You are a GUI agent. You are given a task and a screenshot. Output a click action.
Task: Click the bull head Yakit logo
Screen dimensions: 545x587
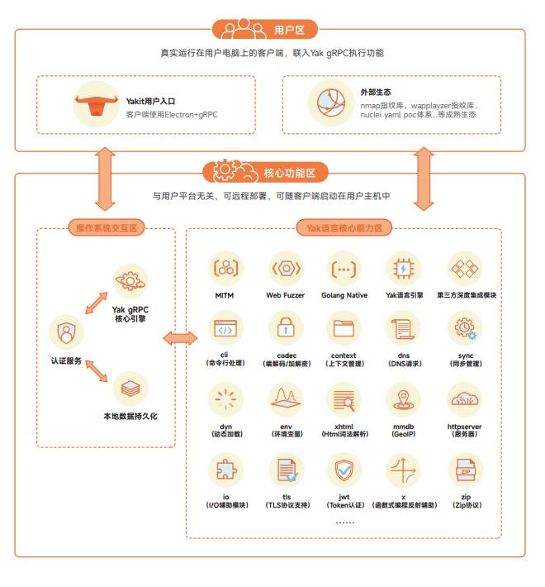tap(96, 105)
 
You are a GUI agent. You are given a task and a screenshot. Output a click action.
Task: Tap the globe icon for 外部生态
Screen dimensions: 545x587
tap(331, 103)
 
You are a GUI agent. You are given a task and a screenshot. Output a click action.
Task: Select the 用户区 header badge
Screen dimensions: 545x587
tap(264, 29)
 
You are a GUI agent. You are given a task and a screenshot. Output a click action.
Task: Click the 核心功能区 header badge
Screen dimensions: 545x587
tap(265, 172)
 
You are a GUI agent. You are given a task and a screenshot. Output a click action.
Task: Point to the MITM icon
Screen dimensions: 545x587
tap(225, 269)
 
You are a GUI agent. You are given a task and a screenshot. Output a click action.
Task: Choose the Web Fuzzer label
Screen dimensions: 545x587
tap(285, 295)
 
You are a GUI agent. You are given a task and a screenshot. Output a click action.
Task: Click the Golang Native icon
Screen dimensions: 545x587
tap(344, 269)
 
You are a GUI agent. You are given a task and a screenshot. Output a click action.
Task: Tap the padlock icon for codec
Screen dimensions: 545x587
tap(286, 327)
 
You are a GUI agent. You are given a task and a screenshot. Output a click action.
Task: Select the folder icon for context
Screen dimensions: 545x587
tap(344, 328)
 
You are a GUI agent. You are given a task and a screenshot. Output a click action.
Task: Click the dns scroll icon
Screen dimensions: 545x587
tap(403, 328)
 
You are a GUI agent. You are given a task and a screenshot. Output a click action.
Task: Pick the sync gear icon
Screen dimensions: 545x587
tap(465, 328)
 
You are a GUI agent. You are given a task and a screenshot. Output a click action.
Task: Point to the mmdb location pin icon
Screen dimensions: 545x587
tap(403, 399)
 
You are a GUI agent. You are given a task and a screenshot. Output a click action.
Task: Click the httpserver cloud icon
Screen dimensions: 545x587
tap(465, 399)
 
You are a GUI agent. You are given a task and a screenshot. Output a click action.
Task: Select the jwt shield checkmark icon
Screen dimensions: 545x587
tap(344, 470)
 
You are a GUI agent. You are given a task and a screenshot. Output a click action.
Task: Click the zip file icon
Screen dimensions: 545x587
tap(466, 470)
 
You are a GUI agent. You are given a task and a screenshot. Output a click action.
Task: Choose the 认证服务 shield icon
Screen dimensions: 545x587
tap(67, 332)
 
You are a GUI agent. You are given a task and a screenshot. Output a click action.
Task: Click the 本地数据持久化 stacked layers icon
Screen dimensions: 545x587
tap(130, 389)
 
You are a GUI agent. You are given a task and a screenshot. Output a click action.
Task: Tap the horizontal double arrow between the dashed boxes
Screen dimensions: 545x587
tap(180, 338)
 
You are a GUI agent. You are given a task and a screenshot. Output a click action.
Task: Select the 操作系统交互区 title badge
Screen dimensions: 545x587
tap(107, 227)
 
